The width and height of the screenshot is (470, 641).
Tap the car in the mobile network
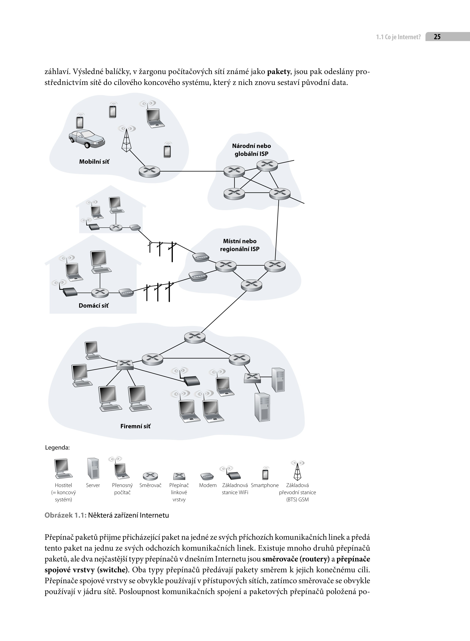pyautogui.click(x=87, y=139)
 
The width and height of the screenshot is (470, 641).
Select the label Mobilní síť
pyautogui.click(x=94, y=162)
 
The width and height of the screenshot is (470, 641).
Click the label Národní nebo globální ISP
pyautogui.click(x=252, y=150)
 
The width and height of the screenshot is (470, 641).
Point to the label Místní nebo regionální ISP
pyautogui.click(x=240, y=245)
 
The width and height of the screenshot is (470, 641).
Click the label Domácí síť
pyautogui.click(x=94, y=305)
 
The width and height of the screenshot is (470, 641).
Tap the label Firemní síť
pyautogui.click(x=135, y=426)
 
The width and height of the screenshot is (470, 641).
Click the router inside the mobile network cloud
pyautogui.click(x=149, y=171)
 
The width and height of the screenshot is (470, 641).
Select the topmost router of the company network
pyautogui.click(x=195, y=337)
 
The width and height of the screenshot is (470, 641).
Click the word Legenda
pyautogui.click(x=57, y=448)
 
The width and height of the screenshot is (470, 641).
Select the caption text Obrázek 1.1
pyautogui.click(x=65, y=515)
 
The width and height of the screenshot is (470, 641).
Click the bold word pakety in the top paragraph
pyautogui.click(x=278, y=72)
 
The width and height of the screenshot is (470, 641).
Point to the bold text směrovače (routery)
pyautogui.click(x=296, y=559)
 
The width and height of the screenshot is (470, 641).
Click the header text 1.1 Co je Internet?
pyautogui.click(x=398, y=37)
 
